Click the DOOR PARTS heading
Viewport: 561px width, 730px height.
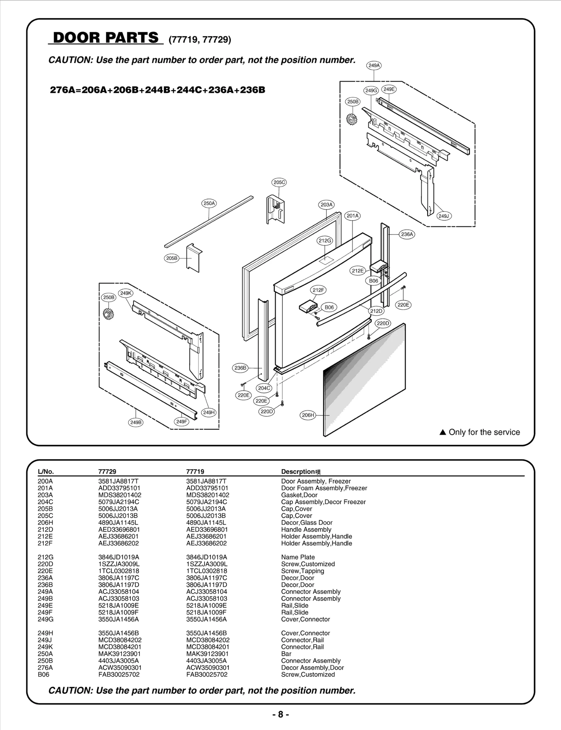click(x=106, y=37)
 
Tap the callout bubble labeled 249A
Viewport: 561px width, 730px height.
click(x=374, y=66)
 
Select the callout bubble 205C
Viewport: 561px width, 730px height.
click(x=279, y=182)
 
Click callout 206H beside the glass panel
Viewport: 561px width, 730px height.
click(x=308, y=415)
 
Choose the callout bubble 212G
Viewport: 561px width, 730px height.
click(x=325, y=240)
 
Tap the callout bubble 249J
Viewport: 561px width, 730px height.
click(x=444, y=216)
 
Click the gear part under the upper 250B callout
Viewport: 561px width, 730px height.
click(x=351, y=120)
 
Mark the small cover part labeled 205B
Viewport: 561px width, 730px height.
click(x=194, y=258)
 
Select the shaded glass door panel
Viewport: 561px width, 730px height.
click(x=365, y=380)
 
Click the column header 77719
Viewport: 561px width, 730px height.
click(x=195, y=471)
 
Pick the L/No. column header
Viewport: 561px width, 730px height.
click(x=46, y=471)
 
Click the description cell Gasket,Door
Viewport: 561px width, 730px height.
click(x=299, y=495)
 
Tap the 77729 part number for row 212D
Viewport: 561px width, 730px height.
click(x=119, y=530)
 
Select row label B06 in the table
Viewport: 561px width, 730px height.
click(x=43, y=674)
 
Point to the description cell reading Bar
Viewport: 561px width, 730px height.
click(x=286, y=654)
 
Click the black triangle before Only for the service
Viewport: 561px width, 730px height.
click(x=442, y=432)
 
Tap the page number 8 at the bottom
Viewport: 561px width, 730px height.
click(x=280, y=714)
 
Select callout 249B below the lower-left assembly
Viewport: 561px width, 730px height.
click(x=136, y=422)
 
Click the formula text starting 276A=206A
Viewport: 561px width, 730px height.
click(x=157, y=90)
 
